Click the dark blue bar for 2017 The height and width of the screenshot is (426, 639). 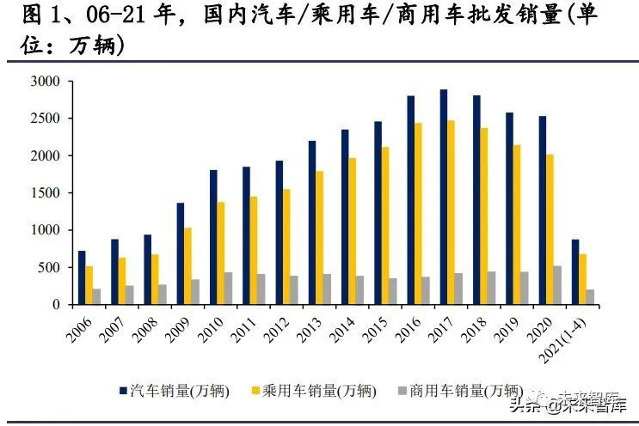click(x=444, y=197)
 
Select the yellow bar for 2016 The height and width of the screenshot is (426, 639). click(x=419, y=214)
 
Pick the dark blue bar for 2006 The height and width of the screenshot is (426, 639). click(x=82, y=277)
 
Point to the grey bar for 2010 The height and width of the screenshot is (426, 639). click(x=229, y=289)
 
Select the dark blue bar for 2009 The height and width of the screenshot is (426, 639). click(x=180, y=253)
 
